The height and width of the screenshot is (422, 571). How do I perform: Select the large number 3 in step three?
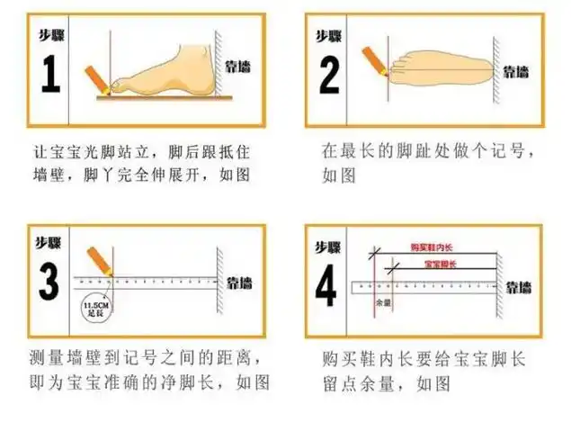tap(51, 281)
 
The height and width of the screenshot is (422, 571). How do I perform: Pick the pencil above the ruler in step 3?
tap(100, 261)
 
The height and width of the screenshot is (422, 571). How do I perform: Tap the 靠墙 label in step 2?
tap(515, 70)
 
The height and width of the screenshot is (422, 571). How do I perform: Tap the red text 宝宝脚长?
tap(440, 264)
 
